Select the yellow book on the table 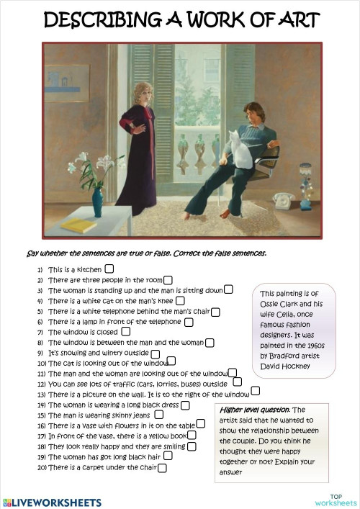click(x=78, y=225)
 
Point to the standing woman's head click(x=139, y=92)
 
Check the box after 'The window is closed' click(x=126, y=332)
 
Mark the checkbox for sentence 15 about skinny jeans click(x=159, y=415)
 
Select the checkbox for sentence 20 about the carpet click(x=162, y=468)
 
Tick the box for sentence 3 click(x=228, y=289)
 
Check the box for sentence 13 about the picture click(x=256, y=392)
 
